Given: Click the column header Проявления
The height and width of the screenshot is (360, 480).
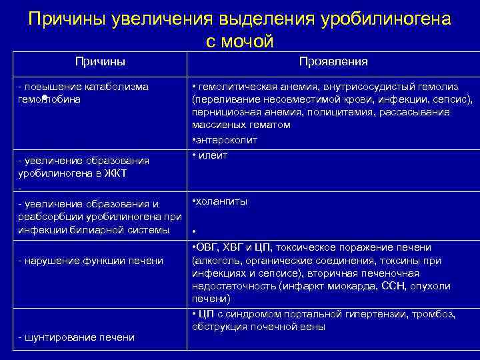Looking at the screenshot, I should point(333,62).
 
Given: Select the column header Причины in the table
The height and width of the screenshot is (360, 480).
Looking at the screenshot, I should point(100,62).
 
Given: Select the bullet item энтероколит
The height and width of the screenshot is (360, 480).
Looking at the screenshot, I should point(226,141).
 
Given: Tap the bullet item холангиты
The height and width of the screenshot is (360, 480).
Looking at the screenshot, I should point(221,201).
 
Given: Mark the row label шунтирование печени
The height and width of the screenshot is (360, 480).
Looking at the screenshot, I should point(76,337).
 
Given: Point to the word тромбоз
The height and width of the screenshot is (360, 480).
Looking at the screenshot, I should point(434,314).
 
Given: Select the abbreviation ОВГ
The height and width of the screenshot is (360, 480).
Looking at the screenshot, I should point(207,247).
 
